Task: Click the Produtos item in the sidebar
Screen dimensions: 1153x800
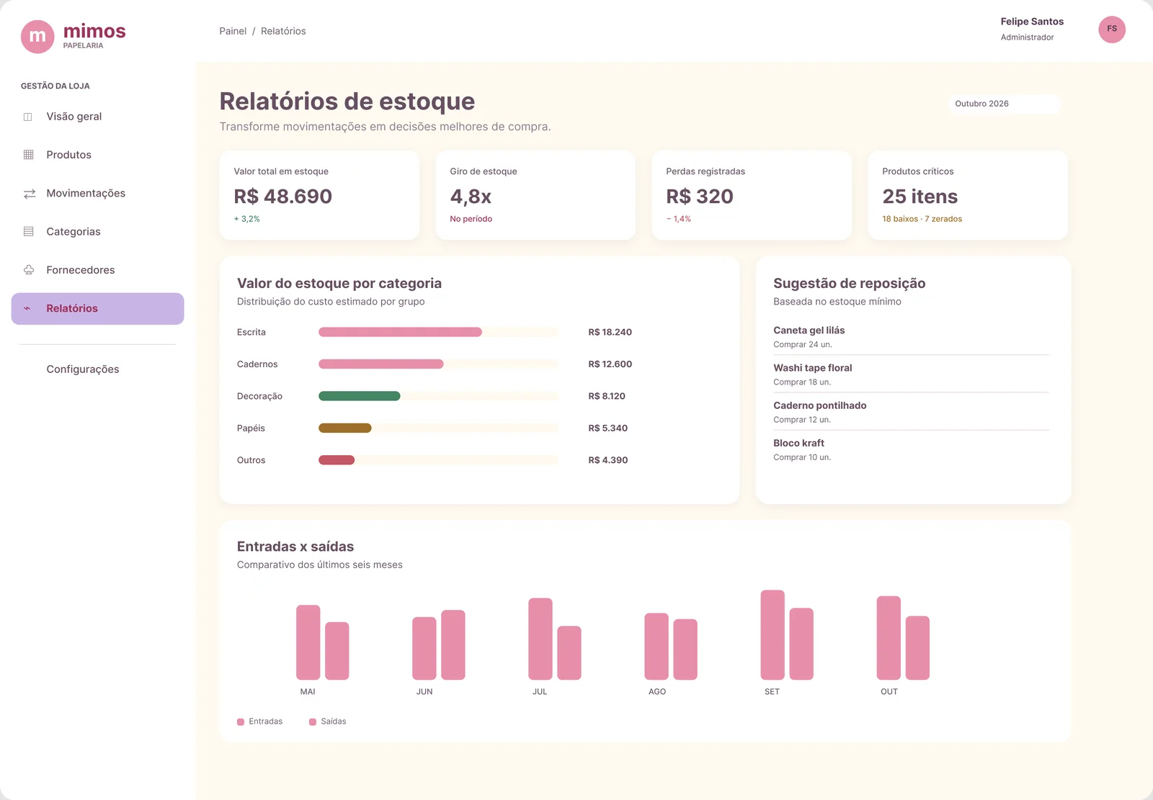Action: coord(68,155)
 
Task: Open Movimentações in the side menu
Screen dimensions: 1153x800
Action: coord(86,194)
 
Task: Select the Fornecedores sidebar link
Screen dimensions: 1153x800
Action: coord(80,270)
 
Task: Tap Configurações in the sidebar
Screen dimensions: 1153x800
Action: coord(82,369)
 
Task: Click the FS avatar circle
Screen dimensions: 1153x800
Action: coord(1111,30)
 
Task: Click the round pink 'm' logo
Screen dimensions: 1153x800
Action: coord(37,37)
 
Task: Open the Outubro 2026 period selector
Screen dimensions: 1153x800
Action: coord(1004,104)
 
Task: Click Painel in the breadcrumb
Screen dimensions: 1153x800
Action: coord(233,32)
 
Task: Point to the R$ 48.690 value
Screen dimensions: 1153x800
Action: coord(282,197)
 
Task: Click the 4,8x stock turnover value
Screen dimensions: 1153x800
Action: coord(471,197)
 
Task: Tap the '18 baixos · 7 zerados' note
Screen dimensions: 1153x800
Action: coord(922,219)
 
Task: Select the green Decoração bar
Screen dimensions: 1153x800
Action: coord(360,396)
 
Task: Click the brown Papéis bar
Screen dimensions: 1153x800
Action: coord(345,428)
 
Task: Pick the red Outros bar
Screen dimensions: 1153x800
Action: coord(337,460)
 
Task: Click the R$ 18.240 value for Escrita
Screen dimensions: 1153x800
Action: coord(610,333)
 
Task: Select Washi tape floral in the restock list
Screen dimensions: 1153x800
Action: coord(812,369)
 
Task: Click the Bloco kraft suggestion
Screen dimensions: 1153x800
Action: coord(798,444)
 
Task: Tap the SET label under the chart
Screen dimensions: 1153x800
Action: coord(772,692)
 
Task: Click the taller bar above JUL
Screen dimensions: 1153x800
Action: coord(540,639)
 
